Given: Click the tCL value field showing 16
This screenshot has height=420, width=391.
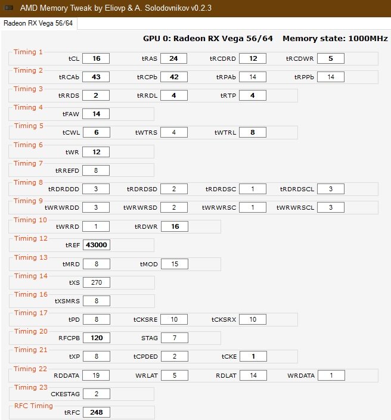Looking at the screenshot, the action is [x=96, y=58].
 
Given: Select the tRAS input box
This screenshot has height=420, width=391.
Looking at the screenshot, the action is [x=173, y=58].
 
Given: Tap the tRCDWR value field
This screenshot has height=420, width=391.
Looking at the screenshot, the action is [x=331, y=58].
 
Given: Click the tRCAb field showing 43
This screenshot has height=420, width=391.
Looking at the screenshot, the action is [x=96, y=77].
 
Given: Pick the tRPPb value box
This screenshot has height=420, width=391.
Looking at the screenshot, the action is [x=331, y=77].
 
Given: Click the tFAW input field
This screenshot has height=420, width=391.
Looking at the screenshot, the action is [x=96, y=114].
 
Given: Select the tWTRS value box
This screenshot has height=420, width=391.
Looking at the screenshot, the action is [x=174, y=132].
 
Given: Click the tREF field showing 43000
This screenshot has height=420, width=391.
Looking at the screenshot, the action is [x=97, y=245].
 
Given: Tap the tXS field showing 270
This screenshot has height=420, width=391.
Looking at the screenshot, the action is [x=97, y=282].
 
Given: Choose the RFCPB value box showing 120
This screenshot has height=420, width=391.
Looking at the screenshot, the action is [x=97, y=338].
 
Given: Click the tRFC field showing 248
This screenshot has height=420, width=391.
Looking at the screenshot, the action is [x=97, y=412].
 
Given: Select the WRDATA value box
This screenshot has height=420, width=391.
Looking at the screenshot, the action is [x=331, y=375].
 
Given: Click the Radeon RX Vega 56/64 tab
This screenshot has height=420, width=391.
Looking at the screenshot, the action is [x=38, y=23].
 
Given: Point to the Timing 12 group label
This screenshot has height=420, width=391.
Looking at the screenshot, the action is [x=30, y=238].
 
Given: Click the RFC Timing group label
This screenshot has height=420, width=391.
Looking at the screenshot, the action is [x=33, y=406].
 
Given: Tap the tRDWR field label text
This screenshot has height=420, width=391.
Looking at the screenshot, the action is [x=146, y=226].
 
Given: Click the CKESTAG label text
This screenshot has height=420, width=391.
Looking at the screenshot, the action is [x=65, y=394].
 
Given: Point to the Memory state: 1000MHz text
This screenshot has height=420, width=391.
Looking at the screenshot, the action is [x=335, y=39].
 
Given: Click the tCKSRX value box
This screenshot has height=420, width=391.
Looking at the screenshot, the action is [x=253, y=319].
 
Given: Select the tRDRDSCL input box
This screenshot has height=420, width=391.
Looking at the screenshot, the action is [x=331, y=189].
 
